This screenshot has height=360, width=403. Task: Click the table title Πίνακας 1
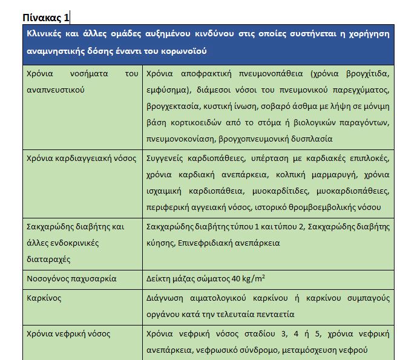pyautogui.click(x=45, y=17)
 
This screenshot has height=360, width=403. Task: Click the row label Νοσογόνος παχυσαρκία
pyautogui.click(x=71, y=279)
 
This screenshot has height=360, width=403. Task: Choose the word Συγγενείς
pyautogui.click(x=167, y=160)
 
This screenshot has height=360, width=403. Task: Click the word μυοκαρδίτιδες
pyautogui.click(x=284, y=191)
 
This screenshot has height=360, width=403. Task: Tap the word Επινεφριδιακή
pyautogui.click(x=204, y=243)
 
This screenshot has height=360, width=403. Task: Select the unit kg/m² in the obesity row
pyautogui.click(x=255, y=278)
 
